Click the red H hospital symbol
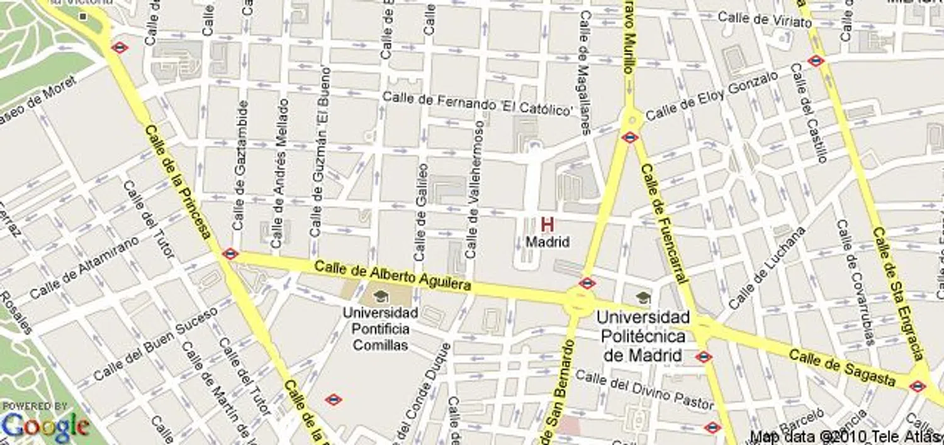(548, 224)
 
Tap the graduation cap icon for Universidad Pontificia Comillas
(381, 296)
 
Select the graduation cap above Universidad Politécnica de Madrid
(643, 297)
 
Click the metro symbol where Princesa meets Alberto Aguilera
(230, 254)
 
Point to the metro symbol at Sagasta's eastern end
(918, 386)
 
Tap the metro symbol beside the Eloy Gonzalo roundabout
(629, 137)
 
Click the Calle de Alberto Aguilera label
(393, 275)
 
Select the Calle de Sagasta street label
(842, 368)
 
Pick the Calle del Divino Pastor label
(644, 388)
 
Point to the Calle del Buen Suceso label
(155, 344)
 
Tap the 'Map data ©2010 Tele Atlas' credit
(846, 436)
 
